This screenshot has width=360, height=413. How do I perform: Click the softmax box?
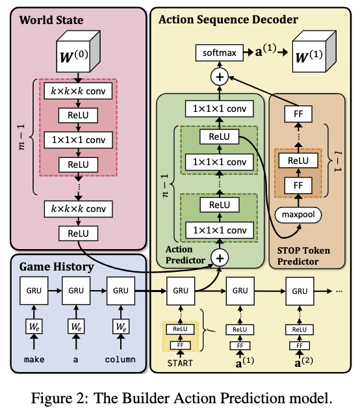click(219, 53)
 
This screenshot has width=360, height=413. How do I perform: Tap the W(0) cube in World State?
click(78, 51)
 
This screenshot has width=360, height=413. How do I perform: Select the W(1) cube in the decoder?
click(314, 51)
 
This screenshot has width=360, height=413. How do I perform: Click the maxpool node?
click(298, 215)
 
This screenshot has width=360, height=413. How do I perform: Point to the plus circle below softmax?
click(220, 77)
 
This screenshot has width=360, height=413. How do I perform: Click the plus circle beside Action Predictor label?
click(220, 258)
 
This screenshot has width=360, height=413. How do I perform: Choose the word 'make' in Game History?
click(34, 360)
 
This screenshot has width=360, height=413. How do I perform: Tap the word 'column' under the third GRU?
click(120, 360)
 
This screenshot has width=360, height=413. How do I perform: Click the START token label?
click(180, 363)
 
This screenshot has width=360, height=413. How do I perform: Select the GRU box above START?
click(181, 291)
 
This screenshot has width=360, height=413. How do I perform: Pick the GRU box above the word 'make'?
click(34, 291)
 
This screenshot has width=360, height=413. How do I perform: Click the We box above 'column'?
click(121, 326)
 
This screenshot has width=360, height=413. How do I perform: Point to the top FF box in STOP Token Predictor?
click(298, 114)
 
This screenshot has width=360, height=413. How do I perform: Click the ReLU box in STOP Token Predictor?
click(298, 161)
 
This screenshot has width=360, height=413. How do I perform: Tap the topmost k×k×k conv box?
click(78, 91)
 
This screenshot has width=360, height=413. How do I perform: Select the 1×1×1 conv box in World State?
click(78, 140)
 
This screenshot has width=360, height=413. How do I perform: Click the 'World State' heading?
click(51, 20)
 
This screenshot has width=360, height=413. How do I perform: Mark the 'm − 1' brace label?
click(21, 137)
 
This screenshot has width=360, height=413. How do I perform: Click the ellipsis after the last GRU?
click(339, 291)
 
